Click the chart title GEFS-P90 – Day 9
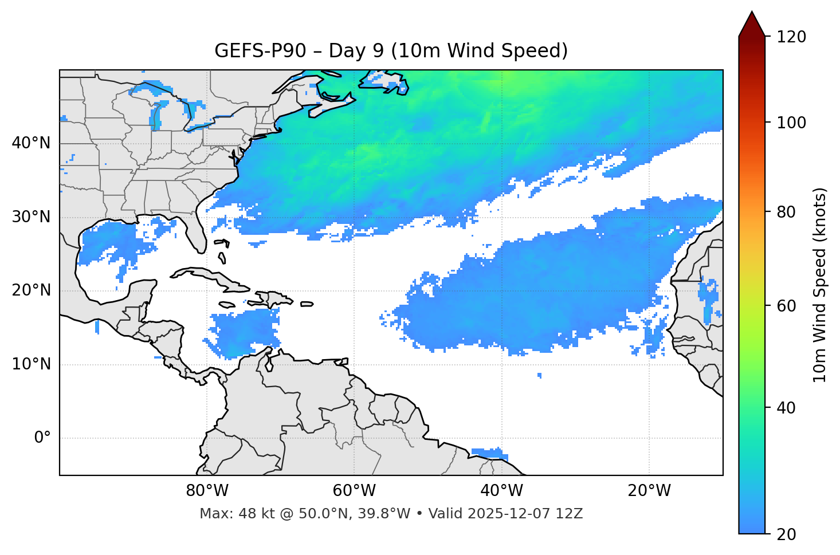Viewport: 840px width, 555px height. pos(391,51)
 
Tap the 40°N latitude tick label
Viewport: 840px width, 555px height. pos(31,143)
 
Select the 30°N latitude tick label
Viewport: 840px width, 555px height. pos(31,217)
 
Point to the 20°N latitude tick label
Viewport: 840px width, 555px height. pos(31,290)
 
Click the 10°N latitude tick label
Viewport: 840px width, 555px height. pos(31,364)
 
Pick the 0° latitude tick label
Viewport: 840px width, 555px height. pos(42,438)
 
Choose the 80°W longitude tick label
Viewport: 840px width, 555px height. pos(207,491)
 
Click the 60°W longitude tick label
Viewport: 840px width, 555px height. pos(354,491)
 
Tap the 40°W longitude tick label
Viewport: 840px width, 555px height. pos(501,491)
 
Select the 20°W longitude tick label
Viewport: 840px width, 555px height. pos(649,491)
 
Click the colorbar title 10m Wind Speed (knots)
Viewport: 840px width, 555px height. pos(820,285)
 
